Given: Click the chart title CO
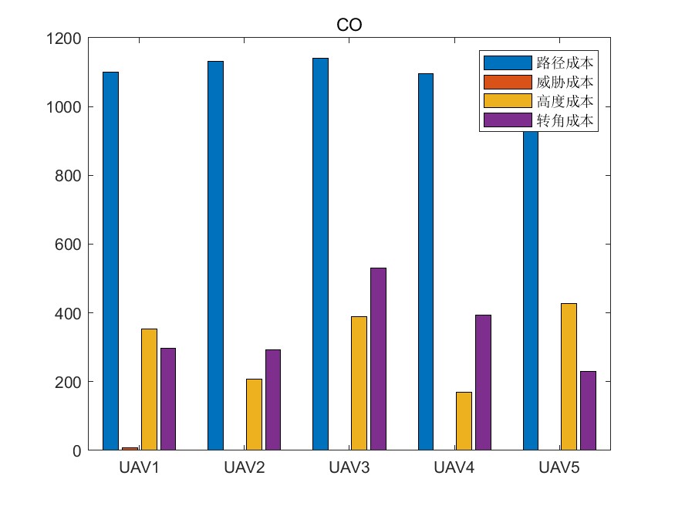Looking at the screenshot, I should [x=349, y=25].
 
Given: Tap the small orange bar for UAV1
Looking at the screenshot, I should [x=130, y=448].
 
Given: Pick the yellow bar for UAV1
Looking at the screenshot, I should [x=149, y=390].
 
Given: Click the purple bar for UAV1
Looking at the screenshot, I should [x=167, y=399].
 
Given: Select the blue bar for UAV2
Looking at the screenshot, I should [x=215, y=255].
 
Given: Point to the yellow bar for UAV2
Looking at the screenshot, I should [x=254, y=414].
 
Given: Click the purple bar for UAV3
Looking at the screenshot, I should [x=378, y=359].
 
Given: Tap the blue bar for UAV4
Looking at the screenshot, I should [x=425, y=261].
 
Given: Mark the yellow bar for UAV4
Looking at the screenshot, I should [x=464, y=421].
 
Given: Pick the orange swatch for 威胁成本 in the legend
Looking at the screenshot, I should [x=507, y=82].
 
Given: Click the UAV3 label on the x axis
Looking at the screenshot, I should [x=349, y=467].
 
